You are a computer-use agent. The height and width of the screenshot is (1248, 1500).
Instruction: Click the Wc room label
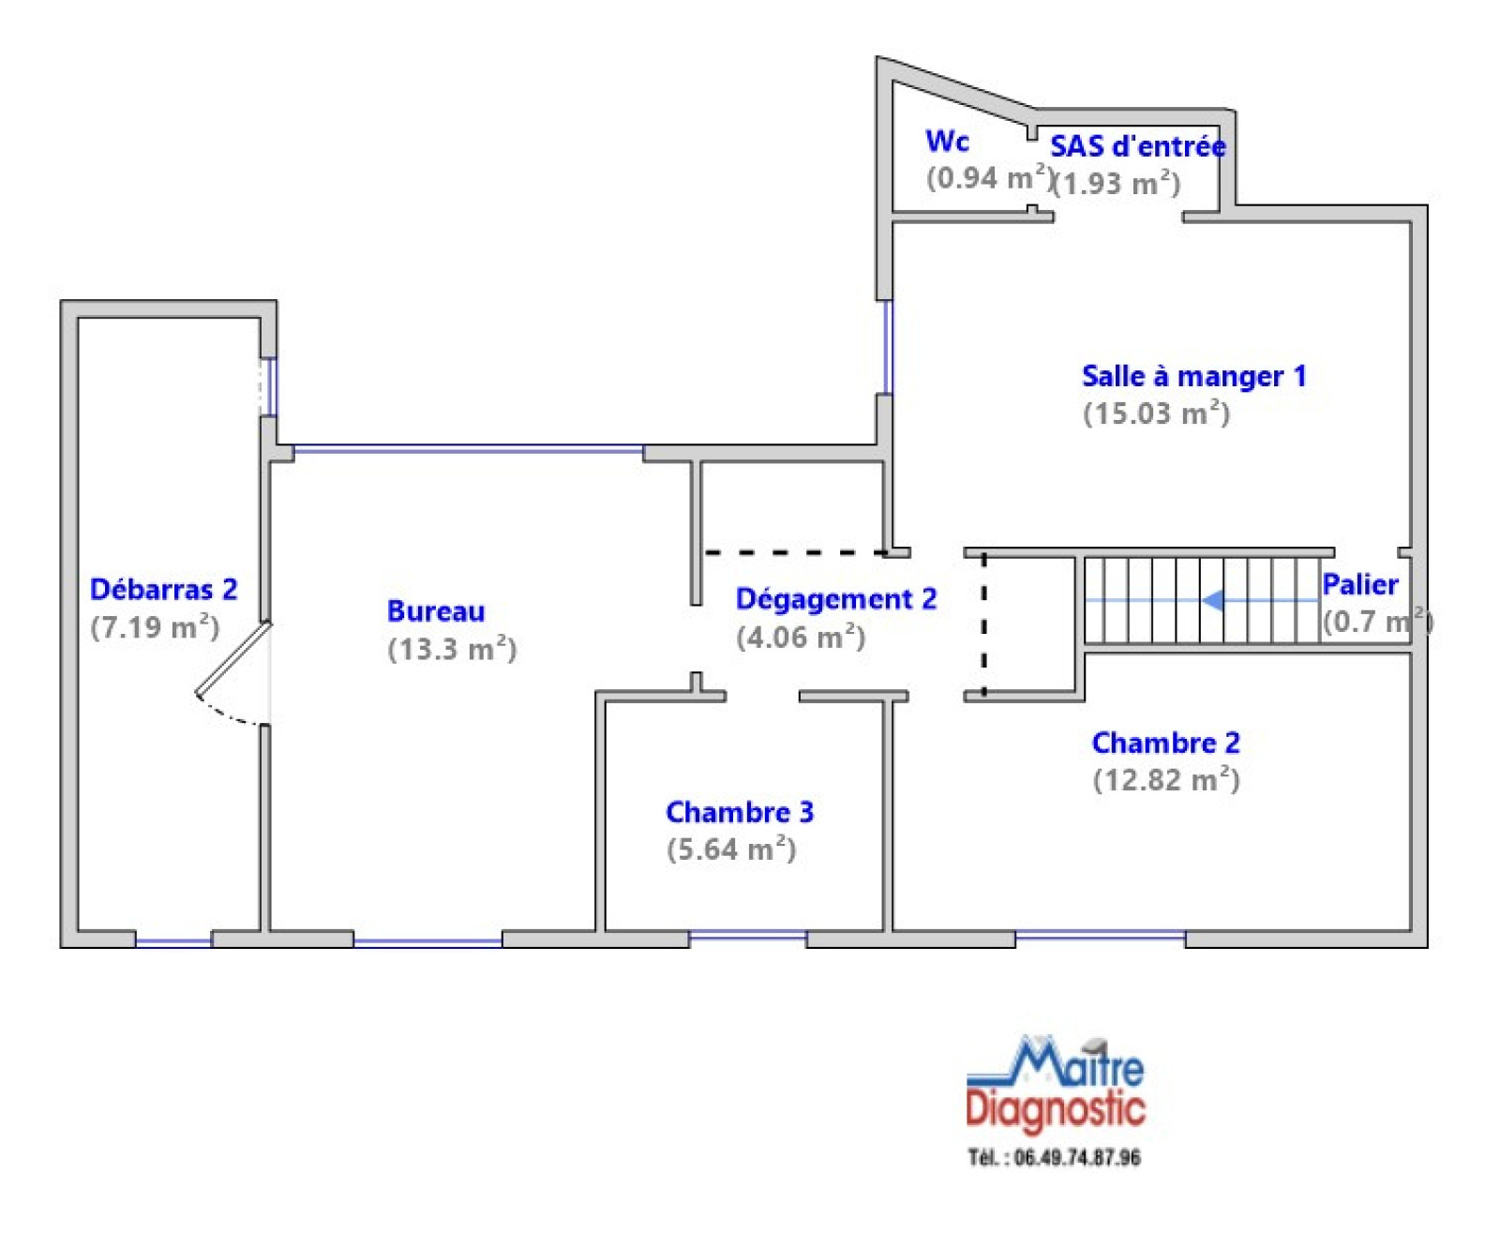pos(947,141)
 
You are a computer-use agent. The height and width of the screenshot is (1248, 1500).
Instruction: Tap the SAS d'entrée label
pos(1137,145)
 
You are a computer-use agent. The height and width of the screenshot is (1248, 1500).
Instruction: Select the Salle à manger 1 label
pos(1193,376)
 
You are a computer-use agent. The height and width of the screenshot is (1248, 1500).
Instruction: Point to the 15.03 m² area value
pos(1156,413)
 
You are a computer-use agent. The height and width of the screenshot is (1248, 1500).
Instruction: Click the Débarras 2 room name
pos(163,589)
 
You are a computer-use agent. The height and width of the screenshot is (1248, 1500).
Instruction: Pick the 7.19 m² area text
pos(155,626)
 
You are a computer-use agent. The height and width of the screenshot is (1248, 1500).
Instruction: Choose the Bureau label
pos(436,611)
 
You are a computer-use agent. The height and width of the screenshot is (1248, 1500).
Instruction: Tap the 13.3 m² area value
pos(452,648)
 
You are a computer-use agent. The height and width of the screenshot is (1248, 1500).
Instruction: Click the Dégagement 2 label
pos(836,599)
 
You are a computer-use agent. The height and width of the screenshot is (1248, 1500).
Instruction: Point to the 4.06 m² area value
pos(801,637)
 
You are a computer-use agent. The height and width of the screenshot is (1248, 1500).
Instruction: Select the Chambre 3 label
pos(740,812)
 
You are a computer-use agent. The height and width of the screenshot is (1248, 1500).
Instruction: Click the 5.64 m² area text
pos(731,849)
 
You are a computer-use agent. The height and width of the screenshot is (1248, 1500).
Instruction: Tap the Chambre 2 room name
pos(1165,743)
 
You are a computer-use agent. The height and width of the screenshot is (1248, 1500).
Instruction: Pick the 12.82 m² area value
pos(1166,779)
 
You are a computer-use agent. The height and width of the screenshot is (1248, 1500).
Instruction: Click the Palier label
pos(1359,585)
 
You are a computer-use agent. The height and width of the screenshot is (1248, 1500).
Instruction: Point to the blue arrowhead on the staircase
pos(1212,600)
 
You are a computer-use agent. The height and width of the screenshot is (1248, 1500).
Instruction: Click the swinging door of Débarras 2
pos(233,660)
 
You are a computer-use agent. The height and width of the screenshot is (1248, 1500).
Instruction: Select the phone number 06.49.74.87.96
pos(1077,1158)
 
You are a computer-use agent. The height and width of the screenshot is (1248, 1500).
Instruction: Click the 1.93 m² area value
pos(1117,182)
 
